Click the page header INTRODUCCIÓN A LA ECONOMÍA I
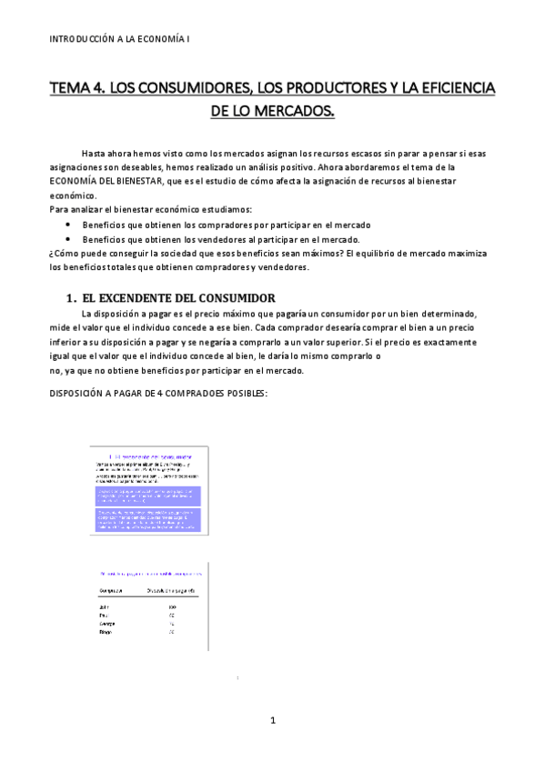pyautogui.click(x=119, y=39)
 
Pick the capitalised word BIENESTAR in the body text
pyautogui.click(x=146, y=182)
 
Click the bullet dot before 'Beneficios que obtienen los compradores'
pyautogui.click(x=69, y=225)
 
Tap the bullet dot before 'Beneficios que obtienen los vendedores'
pyautogui.click(x=69, y=239)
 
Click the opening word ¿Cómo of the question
pyautogui.click(x=65, y=253)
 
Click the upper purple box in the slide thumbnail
pyautogui.click(x=148, y=496)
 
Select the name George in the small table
pyautogui.click(x=106, y=623)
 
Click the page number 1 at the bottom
pyautogui.click(x=272, y=721)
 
